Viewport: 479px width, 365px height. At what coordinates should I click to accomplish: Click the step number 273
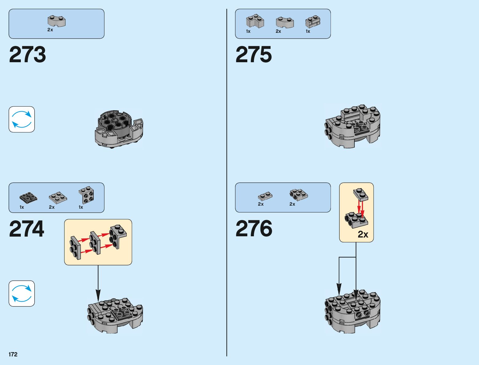[x=27, y=55]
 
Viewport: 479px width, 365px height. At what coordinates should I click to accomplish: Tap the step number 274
[x=27, y=229]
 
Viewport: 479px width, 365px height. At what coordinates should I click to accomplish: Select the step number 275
[x=253, y=55]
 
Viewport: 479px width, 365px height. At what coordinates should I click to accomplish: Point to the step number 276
[x=254, y=229]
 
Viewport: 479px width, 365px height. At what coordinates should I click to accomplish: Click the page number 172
[x=13, y=354]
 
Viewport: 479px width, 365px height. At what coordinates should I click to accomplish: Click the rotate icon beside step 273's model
[x=22, y=120]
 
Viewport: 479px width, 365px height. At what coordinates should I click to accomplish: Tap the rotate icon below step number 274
[x=22, y=294]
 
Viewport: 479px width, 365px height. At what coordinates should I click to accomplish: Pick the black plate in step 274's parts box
[x=28, y=197]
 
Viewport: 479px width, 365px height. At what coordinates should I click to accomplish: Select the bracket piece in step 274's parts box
[x=87, y=195]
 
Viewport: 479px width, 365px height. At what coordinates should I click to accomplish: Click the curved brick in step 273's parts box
[x=57, y=21]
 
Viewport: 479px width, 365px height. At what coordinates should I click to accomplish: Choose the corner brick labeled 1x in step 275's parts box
[x=255, y=21]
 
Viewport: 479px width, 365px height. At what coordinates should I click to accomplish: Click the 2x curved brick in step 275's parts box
[x=285, y=22]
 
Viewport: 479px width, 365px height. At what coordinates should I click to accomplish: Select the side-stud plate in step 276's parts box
[x=298, y=195]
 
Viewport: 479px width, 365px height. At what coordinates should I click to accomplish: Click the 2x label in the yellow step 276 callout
[x=363, y=234]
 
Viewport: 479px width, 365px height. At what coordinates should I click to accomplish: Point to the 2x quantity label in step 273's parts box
[x=50, y=30]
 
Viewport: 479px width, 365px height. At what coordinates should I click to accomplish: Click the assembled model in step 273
[x=119, y=129]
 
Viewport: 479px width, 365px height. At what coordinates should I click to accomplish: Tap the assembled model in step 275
[x=353, y=126]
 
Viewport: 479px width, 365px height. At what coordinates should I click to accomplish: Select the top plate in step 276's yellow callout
[x=361, y=194]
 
